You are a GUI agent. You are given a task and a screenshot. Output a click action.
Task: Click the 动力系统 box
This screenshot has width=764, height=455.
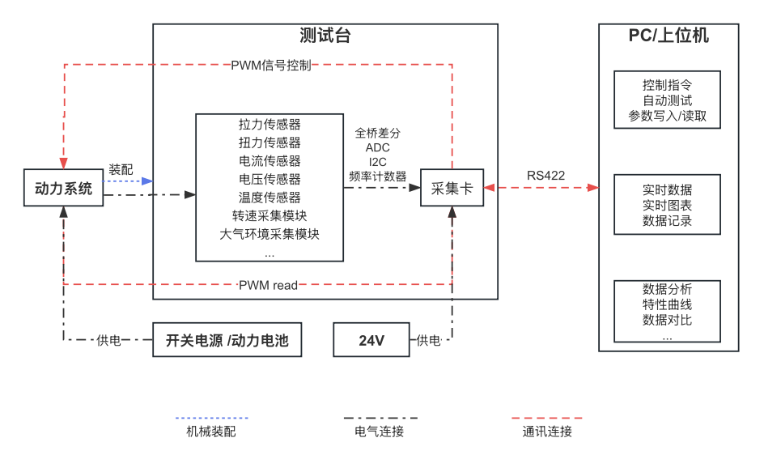point(64,189)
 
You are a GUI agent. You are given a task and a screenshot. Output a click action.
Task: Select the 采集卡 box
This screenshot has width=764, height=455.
point(452,188)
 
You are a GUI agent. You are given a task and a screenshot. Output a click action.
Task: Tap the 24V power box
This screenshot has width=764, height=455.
point(371,340)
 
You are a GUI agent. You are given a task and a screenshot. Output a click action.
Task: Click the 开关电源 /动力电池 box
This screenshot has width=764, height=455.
point(227,340)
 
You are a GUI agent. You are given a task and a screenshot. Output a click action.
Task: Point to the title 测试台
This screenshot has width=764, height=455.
point(325,36)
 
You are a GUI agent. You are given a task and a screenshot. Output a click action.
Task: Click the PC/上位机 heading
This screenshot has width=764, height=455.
point(668,36)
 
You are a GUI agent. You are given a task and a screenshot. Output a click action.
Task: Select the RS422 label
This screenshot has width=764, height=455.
point(546,176)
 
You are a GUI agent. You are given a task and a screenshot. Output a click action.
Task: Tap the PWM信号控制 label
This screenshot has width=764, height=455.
point(271,66)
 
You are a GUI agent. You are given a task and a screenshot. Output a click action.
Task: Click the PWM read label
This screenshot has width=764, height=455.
point(268,285)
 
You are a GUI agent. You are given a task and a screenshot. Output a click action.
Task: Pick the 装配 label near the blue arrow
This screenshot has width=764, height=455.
point(121,169)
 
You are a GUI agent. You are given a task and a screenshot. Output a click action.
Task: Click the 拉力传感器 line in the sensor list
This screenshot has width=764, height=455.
point(270,124)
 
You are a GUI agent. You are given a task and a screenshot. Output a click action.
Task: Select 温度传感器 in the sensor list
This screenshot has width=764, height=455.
point(270,198)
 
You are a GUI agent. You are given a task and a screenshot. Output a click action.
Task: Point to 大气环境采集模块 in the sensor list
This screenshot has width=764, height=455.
point(270,235)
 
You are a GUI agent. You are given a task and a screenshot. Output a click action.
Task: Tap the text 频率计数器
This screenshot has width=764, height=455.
point(378,176)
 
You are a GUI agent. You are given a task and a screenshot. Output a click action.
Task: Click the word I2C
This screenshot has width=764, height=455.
point(378,162)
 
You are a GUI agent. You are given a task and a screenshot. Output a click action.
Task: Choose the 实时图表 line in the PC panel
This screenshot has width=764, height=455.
point(668,205)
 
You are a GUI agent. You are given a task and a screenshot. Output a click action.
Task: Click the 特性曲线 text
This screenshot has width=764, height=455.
point(668,304)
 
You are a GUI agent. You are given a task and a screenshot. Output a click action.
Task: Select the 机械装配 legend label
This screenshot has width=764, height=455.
point(211,432)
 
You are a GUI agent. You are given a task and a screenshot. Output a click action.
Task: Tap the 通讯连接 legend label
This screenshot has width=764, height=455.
point(547,432)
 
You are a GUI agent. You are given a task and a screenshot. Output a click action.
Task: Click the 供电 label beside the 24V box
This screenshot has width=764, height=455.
point(428,340)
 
